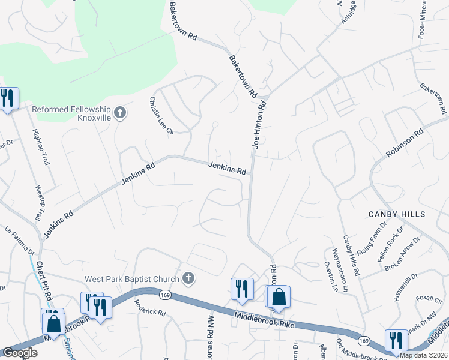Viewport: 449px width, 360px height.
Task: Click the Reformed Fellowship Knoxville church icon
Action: tap(120, 112)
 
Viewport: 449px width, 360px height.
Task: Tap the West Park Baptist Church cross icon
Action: tap(188, 278)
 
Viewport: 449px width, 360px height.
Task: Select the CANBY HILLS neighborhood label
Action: tap(397, 214)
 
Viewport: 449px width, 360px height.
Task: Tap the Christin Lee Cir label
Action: tap(161, 115)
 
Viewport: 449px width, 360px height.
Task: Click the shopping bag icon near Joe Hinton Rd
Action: tap(279, 296)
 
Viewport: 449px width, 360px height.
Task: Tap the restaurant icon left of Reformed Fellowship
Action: tap(8, 98)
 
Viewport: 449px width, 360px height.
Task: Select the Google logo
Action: tap(20, 353)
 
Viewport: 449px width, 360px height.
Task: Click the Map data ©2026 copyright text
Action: tap(423, 355)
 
